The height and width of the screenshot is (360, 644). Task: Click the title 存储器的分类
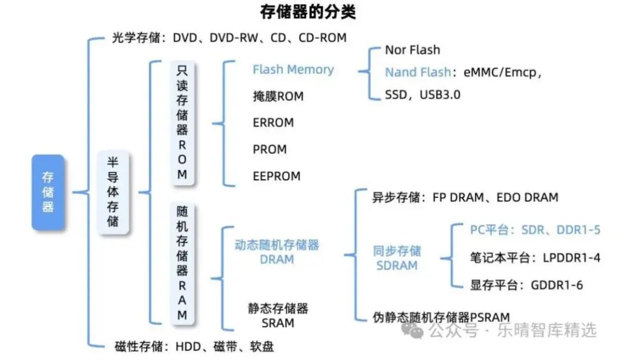308,11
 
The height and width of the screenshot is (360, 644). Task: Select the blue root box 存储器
48,192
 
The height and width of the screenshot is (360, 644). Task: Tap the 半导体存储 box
113,192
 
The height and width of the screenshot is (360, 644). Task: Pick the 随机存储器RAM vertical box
182,263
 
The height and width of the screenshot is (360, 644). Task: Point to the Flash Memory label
293,70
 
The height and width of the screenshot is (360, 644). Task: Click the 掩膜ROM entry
278,96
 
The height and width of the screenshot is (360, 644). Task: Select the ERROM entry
273,123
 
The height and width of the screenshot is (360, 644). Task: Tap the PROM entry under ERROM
270,149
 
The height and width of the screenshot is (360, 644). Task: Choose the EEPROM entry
277,176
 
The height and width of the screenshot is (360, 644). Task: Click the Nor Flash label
412,50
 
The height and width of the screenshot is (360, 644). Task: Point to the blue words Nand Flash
417,72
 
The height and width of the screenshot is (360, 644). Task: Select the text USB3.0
440,94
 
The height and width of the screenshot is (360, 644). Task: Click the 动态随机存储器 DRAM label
277,252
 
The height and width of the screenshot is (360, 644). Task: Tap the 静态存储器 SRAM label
278,315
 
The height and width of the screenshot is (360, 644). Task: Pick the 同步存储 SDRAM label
397,257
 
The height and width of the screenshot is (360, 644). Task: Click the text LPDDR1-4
571,257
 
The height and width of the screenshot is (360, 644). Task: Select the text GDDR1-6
557,285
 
